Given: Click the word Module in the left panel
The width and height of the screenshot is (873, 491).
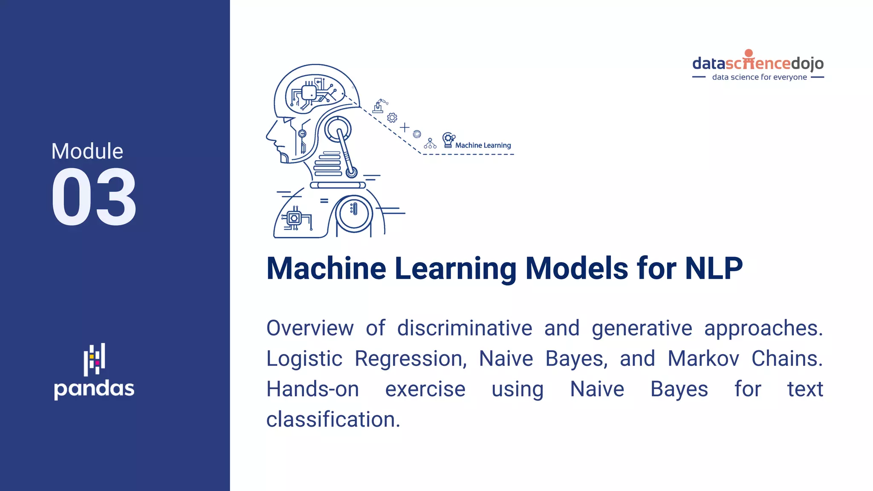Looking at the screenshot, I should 87,151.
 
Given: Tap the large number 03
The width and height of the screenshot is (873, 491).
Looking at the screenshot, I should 94,197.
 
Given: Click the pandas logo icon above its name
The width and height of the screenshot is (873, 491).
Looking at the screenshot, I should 94,359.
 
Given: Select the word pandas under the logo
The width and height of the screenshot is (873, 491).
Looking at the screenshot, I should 94,389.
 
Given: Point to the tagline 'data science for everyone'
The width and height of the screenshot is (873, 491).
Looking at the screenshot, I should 759,77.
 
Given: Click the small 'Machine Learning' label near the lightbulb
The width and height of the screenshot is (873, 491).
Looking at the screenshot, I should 483,145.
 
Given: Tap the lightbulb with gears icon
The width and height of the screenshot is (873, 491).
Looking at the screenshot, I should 448,140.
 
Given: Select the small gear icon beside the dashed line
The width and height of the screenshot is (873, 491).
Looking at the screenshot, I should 392,118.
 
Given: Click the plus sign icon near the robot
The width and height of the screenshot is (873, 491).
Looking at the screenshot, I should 405,127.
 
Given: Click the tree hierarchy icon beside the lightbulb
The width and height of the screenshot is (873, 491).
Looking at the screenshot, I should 430,144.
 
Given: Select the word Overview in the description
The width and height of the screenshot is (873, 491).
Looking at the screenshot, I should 310,329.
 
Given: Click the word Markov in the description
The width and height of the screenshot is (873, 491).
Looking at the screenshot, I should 703,359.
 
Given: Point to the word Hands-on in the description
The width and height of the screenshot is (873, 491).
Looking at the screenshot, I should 312,390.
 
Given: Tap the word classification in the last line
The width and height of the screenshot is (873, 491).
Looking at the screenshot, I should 333,420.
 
